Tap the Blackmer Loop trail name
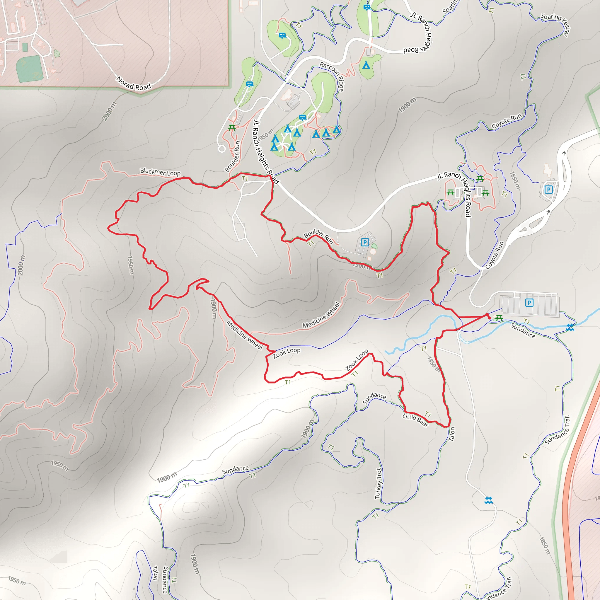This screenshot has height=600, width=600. click(x=160, y=172)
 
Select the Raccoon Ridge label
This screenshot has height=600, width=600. click(x=332, y=76)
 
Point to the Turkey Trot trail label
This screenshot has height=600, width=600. click(x=378, y=483)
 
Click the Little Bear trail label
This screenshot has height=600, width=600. click(x=415, y=420)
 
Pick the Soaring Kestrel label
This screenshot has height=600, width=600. click(x=556, y=24)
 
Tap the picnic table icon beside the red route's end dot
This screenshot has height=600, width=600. click(x=499, y=318)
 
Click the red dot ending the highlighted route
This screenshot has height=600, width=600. click(x=490, y=318)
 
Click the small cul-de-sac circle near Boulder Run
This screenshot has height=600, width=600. click(x=222, y=149)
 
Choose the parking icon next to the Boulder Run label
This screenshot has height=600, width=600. click(x=365, y=242)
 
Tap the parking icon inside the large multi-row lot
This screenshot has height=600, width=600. click(x=529, y=302)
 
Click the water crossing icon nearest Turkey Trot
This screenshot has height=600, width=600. click(x=488, y=500)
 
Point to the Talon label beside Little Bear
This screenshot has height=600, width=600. click(x=452, y=434)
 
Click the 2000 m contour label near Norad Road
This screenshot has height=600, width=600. click(x=109, y=111)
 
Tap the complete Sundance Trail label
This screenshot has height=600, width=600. click(x=558, y=430)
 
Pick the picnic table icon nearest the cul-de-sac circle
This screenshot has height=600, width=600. click(x=232, y=127)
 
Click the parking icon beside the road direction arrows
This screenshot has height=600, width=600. click(x=548, y=190)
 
